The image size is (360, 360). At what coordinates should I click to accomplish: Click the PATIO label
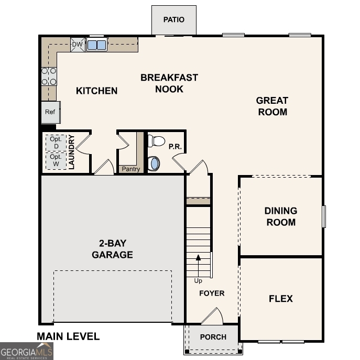coord(173,20)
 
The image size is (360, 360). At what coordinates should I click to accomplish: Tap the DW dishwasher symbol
coord(77,45)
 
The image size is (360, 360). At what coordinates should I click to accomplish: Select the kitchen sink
coord(97,45)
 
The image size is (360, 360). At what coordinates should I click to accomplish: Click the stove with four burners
coord(49,76)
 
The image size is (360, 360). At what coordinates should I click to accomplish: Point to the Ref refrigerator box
coord(50,112)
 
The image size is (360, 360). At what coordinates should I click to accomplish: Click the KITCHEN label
coord(97,91)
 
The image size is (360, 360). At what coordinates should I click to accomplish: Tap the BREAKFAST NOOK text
coord(169,83)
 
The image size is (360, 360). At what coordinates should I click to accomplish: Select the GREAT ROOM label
coord(272,106)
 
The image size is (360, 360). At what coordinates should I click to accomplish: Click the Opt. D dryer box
coord(56,143)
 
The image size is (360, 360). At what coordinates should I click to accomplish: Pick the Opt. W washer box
coord(56,160)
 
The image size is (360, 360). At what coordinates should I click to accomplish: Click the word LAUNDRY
coord(72,152)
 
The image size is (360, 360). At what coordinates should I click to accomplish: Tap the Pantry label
coord(130,169)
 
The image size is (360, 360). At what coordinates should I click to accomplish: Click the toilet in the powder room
coord(157,141)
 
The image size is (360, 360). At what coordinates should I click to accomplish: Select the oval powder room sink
coord(155,163)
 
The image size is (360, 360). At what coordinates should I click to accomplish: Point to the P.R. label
coord(175,147)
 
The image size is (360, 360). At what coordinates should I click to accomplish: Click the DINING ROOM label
coord(280,216)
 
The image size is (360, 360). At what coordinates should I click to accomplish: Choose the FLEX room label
coord(281,299)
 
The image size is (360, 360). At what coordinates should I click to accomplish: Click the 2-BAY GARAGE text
coord(112,249)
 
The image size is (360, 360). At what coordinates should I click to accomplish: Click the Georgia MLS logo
coord(27,351)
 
